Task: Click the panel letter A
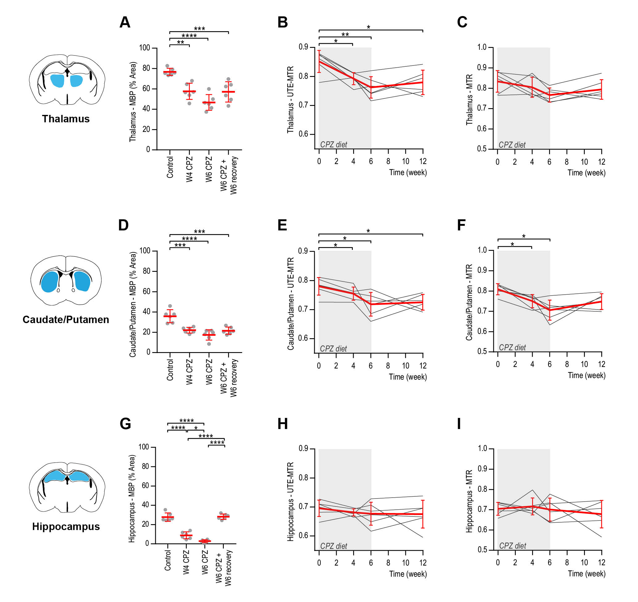coord(125,22)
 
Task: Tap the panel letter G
coord(125,424)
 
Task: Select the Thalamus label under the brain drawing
coord(66,119)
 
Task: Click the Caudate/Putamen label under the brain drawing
coord(66,319)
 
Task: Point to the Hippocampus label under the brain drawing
coord(66,527)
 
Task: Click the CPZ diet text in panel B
coord(333,145)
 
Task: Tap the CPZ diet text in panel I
coord(512,546)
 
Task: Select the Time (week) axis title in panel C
coord(586,173)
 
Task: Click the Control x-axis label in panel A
coord(170,167)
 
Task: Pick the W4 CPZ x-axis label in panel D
coord(189,372)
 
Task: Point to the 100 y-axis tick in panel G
coord(144,447)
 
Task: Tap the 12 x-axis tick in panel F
coord(601,364)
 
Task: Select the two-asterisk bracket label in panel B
coord(345,35)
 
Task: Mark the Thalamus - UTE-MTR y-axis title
coord(290,99)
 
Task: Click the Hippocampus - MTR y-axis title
coord(469,501)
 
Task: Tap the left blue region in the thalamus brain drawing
coord(57,81)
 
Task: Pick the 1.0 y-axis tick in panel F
coord(482,250)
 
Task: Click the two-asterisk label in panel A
coord(180,42)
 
